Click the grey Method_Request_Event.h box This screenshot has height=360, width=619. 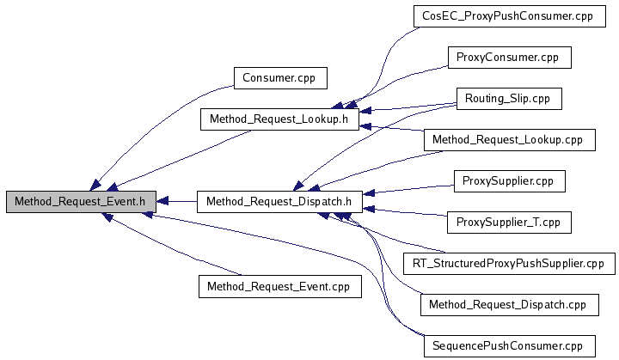pos(82,202)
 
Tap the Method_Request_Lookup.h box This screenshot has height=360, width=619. pos(279,119)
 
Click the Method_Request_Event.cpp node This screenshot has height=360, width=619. pos(279,285)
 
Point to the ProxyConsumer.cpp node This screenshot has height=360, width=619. pos(509,58)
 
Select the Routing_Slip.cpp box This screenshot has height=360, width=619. pos(507,99)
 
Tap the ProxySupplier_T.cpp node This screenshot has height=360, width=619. pos(509,222)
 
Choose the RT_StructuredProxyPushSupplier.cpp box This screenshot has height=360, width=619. pos(509,263)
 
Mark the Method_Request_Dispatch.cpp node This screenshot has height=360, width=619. pos(509,304)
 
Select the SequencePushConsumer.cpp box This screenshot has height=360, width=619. pos(509,345)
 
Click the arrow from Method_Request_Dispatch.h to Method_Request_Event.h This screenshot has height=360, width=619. pos(178,202)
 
